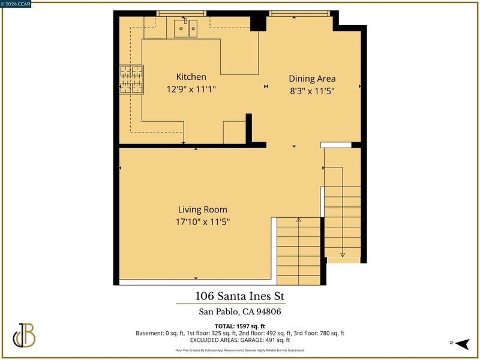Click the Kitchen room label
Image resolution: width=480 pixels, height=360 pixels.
tap(191, 77)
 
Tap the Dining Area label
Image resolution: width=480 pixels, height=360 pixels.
tap(312, 79)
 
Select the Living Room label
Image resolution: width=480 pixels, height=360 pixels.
tap(203, 209)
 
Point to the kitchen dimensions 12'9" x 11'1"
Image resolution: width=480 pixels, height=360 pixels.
tap(191, 89)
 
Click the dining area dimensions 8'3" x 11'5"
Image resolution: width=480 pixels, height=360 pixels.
tap(312, 91)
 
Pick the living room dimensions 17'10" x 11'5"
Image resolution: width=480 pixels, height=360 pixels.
tap(203, 221)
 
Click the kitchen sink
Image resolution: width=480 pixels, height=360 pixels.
tap(185, 28)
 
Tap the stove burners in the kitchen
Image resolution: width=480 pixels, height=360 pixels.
tap(131, 79)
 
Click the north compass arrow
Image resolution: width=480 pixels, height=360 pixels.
tap(462, 344)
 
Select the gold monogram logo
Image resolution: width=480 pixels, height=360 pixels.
tap(24, 335)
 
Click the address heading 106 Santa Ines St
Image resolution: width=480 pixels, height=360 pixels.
tap(239, 296)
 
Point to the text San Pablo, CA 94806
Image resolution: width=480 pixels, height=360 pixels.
tap(239, 311)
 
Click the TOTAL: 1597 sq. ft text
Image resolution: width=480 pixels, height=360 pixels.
tap(239, 326)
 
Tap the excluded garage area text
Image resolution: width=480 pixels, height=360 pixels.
tap(239, 340)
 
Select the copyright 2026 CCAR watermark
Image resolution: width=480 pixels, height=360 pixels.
tap(16, 4)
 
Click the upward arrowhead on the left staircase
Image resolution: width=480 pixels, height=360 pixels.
tap(298, 220)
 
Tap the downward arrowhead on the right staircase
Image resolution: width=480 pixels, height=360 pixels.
tap(343, 255)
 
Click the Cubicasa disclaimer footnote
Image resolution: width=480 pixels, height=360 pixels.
tap(239, 350)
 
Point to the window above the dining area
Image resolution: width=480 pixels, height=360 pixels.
tap(299, 13)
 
